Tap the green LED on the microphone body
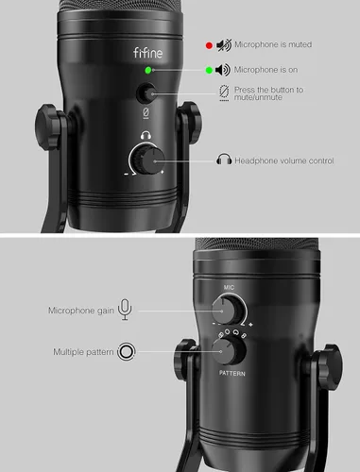coord(147,70)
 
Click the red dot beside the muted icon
coord(208,43)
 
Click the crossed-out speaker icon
coord(223,43)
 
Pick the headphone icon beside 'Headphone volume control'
coord(224,160)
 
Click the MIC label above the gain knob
coord(229,285)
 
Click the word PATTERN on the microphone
coord(230,374)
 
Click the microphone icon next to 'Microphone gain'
coord(127,310)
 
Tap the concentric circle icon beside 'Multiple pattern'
coord(127,353)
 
